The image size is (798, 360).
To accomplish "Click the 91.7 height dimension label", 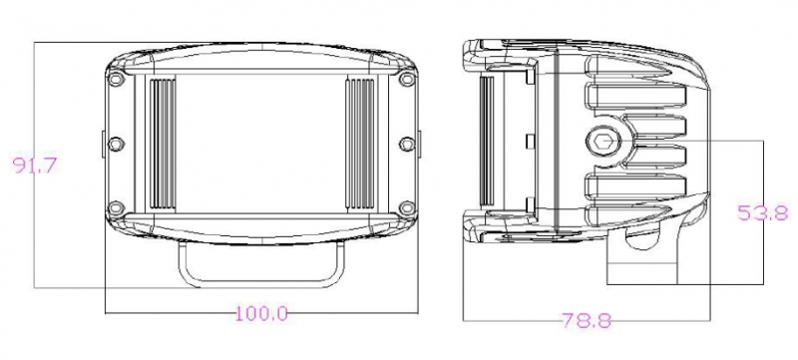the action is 35,166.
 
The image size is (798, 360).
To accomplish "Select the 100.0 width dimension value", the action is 261,313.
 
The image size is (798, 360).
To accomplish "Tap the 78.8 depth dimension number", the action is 587,320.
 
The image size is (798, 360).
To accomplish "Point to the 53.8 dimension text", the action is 763,212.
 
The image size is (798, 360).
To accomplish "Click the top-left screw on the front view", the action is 117,80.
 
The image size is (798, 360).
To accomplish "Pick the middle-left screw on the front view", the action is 117,144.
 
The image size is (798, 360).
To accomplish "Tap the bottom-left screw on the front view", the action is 117,208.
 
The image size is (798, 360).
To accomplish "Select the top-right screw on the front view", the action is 407,80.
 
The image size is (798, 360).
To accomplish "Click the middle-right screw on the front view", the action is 407,144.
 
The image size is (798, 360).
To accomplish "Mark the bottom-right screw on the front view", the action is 407,208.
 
